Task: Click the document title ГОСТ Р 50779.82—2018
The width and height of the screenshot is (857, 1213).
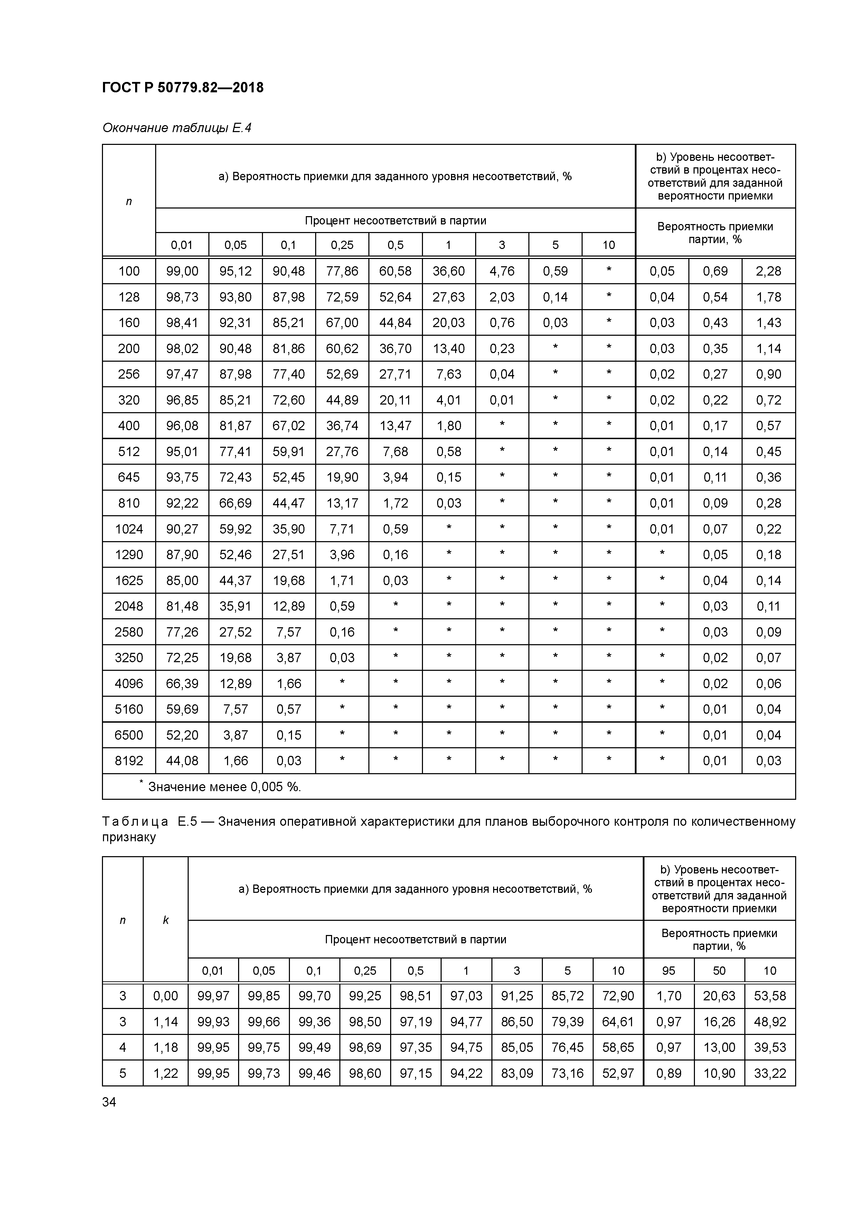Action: point(183,88)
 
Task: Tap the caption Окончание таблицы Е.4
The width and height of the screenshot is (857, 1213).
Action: point(176,128)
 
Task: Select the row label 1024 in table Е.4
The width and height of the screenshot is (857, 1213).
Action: point(129,529)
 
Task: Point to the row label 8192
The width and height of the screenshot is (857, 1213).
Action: point(129,761)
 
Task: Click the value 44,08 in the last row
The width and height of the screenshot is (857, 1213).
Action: point(182,761)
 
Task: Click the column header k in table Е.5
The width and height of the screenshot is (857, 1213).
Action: point(165,920)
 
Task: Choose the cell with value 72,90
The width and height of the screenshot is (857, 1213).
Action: point(618,996)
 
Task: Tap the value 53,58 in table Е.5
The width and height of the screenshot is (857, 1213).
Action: point(770,996)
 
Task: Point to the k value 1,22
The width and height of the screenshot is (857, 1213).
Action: point(165,1073)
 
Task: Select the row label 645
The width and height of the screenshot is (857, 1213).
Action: point(129,477)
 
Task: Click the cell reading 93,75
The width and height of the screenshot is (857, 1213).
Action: point(182,477)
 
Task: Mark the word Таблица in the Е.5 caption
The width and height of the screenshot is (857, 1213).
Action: point(135,822)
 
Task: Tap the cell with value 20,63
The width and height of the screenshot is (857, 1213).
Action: point(719,996)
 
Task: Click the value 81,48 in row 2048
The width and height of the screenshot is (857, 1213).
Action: point(182,606)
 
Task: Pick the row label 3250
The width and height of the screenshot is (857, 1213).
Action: point(129,658)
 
